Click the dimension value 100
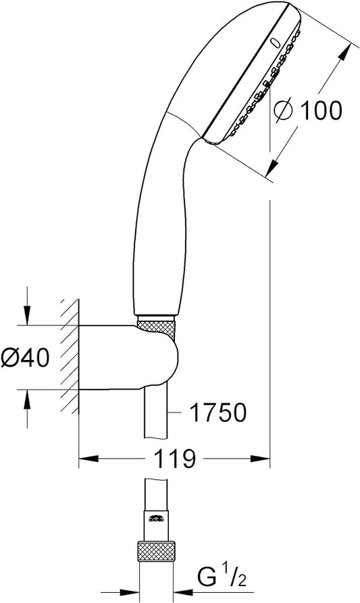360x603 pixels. coord(321,110)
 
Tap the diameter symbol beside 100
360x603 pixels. coord(283,111)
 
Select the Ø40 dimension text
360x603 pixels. coord(26,357)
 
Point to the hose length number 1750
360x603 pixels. coord(218,413)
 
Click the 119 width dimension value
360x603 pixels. coord(175,458)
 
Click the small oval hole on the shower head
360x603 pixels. coord(276,42)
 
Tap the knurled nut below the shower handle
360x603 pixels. coord(157,327)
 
